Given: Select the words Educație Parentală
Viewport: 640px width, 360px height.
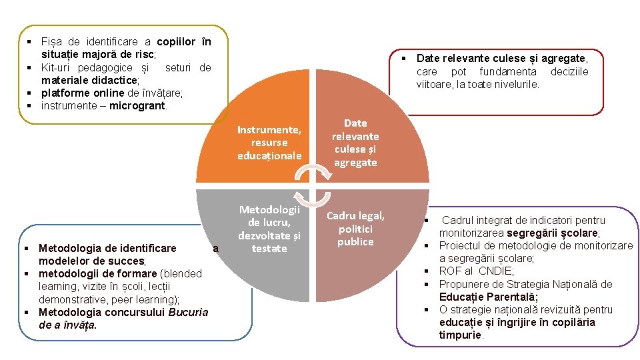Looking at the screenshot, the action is (489, 297).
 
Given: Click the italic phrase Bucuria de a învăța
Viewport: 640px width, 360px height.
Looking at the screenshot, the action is (123, 319).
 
